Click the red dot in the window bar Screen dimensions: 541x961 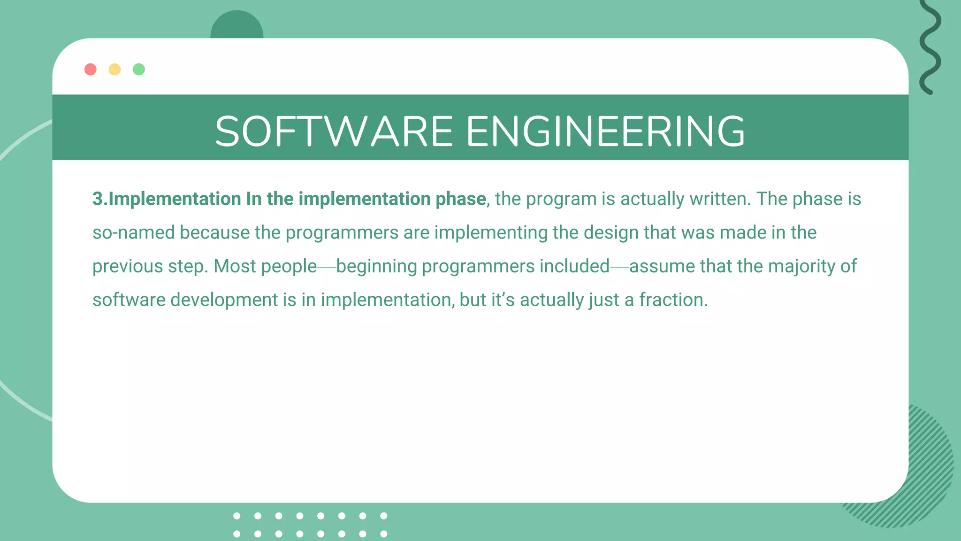pyautogui.click(x=91, y=70)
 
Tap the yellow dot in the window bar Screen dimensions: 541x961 pyautogui.click(x=114, y=70)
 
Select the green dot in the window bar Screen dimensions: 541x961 pyautogui.click(x=139, y=70)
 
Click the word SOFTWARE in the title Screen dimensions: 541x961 pyautogui.click(x=334, y=131)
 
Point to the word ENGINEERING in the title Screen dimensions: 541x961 pyautogui.click(x=605, y=131)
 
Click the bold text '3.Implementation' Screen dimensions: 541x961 pyautogui.click(x=167, y=199)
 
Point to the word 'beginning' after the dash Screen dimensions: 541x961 pyautogui.click(x=376, y=266)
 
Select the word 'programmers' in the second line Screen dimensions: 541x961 pyautogui.click(x=342, y=233)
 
